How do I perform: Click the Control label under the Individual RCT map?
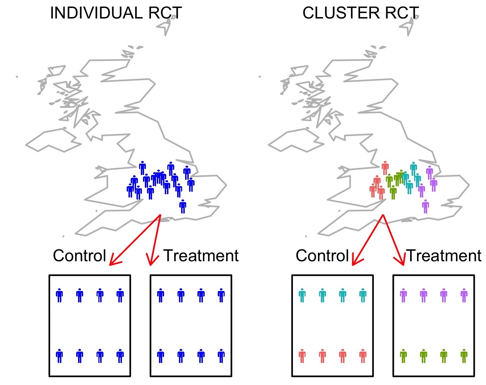tap(79, 256)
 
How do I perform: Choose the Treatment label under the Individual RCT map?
tap(201, 256)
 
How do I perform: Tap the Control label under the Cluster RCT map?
tap(322, 256)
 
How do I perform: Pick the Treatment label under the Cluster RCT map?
tap(444, 256)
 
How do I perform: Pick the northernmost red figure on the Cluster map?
tap(385, 168)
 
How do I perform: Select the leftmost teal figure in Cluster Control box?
tap(302, 295)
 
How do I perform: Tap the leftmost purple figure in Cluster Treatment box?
tap(403, 295)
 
